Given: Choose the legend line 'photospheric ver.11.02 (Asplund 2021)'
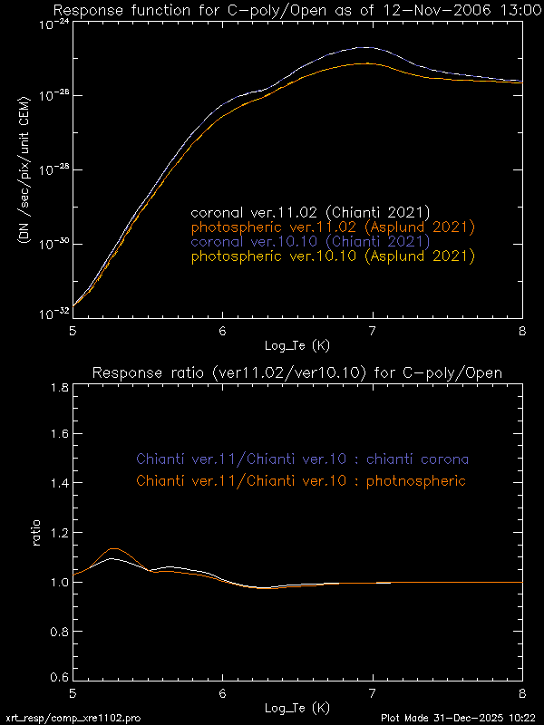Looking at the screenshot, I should [333, 227].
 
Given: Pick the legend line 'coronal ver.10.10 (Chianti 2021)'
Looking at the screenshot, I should [310, 242].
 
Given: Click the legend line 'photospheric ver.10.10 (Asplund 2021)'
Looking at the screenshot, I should [333, 256].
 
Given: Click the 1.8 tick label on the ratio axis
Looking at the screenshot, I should [57, 388].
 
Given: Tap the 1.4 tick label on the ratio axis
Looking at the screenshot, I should [57, 485].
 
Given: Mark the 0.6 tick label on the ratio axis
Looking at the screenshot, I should [57, 678].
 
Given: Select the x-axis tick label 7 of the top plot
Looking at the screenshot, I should [373, 332].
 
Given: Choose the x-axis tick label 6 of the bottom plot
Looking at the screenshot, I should [223, 694].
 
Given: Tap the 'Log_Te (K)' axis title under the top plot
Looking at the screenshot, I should [297, 345].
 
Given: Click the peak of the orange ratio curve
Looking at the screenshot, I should [115, 548].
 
